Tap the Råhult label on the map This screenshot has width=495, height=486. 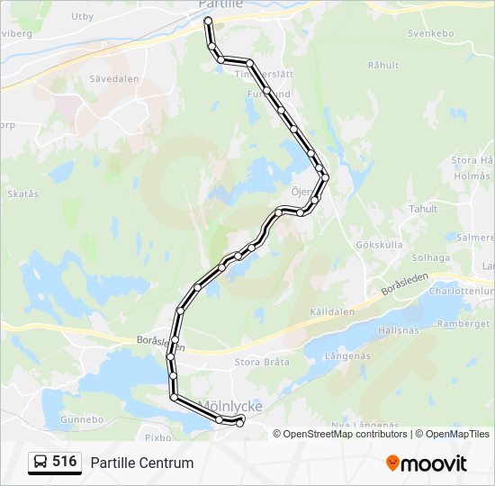click(x=383, y=65)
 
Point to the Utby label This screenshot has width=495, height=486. click(x=82, y=16)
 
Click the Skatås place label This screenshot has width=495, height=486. click(x=22, y=193)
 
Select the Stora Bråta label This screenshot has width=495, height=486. click(x=262, y=362)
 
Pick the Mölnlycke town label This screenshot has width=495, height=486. click(x=229, y=407)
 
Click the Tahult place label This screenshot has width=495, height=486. click(x=423, y=209)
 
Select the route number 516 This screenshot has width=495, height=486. click(x=64, y=462)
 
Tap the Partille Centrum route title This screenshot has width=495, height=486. click(x=141, y=463)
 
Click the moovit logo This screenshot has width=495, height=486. click(x=427, y=463)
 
